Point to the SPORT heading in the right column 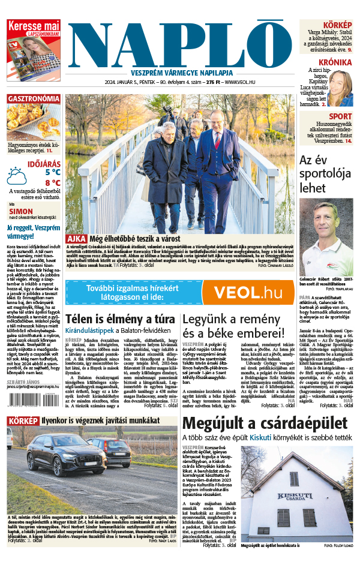click(340, 116)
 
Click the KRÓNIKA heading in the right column click(335, 62)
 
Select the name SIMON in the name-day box click(21, 211)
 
